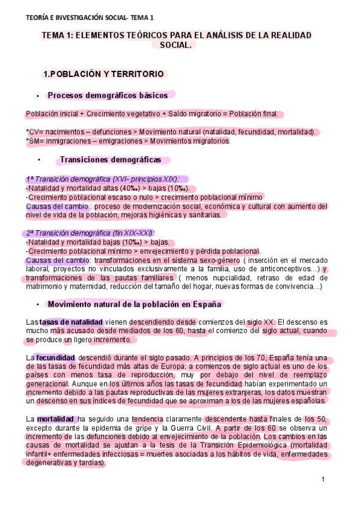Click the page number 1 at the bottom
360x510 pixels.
pos(323,479)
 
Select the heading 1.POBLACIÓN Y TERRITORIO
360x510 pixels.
pos(103,74)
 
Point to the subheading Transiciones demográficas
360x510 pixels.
pos(110,160)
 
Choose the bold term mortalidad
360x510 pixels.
pos(55,419)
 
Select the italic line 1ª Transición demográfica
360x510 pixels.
pos(106,179)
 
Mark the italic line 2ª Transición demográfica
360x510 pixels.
pos(90,233)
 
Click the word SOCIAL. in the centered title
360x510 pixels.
pos(180,45)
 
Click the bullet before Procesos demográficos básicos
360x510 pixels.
pos(38,96)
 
